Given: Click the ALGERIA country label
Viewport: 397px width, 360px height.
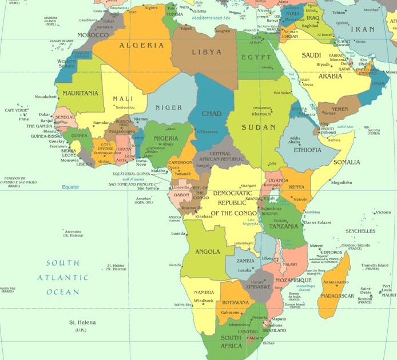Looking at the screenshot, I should point(141,45).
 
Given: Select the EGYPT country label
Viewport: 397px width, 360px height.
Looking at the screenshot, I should point(256,58).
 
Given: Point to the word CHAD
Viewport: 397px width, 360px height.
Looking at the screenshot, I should point(211,114).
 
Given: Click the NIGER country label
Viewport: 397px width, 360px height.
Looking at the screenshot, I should point(169,107).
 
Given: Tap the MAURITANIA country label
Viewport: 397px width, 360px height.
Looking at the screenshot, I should point(80,93).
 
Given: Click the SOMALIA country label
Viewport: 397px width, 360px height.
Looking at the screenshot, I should point(347,162).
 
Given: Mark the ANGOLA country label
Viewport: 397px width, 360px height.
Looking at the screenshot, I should point(207,251).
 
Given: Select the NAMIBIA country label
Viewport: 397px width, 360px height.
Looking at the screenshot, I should point(204,293).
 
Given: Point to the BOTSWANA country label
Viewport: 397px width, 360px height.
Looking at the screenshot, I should point(236,302).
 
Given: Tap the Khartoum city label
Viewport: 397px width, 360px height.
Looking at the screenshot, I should point(262,113).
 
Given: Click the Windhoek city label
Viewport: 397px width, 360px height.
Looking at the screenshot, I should point(204,301).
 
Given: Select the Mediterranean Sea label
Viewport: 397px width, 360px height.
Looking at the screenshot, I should point(210,18).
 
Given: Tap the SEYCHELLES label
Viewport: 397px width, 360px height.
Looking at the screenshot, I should point(360,231).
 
